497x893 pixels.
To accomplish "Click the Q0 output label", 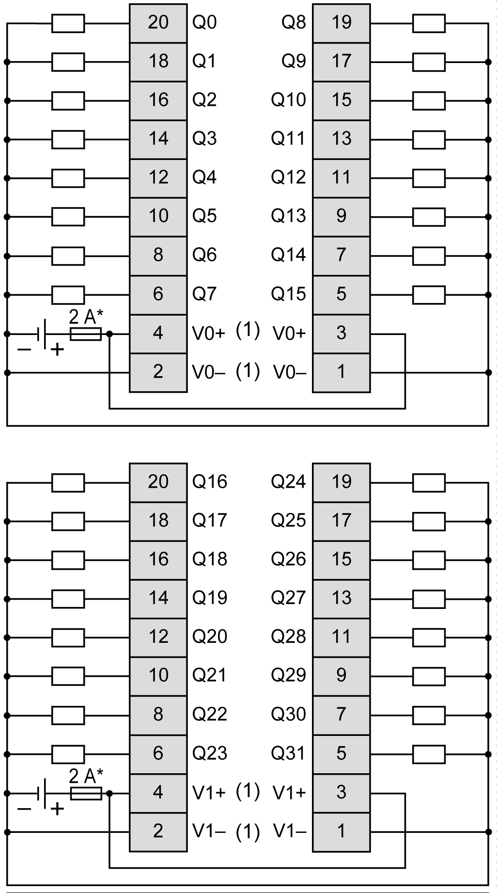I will (x=204, y=23).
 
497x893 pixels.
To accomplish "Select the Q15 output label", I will (x=288, y=294).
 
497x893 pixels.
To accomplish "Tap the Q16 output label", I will (x=209, y=482).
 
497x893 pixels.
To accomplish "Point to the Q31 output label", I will (x=288, y=753).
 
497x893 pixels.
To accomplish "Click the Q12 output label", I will (x=288, y=177).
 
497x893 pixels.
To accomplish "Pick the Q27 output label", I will (x=288, y=598).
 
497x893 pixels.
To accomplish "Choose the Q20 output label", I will (x=209, y=637).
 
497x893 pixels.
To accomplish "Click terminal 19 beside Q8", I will (x=341, y=23).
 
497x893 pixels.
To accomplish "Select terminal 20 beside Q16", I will (x=158, y=482).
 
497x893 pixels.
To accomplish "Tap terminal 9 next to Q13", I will (x=341, y=216).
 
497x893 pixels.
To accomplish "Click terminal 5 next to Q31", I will (x=341, y=753).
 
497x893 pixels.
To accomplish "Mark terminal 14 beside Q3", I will (x=158, y=139).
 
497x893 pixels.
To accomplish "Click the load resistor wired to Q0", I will (x=68, y=23).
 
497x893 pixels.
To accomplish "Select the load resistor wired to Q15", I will (x=429, y=294).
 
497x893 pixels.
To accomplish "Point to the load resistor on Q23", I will (x=68, y=754).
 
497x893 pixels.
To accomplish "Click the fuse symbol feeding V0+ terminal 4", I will (x=86, y=334).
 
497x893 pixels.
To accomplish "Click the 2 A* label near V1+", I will (x=86, y=777).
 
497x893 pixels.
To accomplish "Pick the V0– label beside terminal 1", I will (x=290, y=372).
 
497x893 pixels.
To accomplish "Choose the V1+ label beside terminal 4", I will (x=209, y=793).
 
